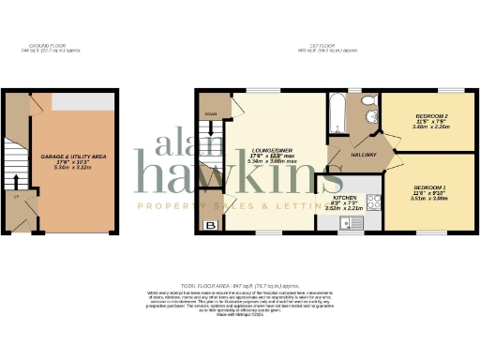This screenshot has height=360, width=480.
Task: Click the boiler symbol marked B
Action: [x=211, y=224]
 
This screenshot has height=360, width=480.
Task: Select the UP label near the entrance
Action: [x=15, y=198]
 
